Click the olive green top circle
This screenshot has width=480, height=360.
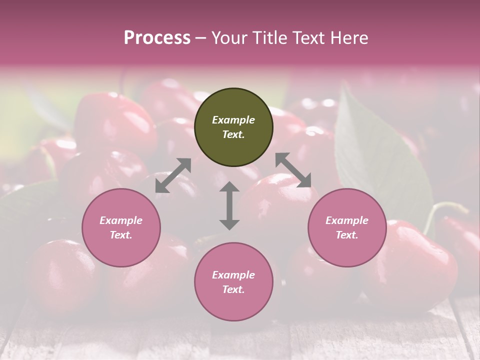click(233, 127)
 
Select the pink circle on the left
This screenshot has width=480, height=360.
click(121, 228)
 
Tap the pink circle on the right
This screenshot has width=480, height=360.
click(347, 228)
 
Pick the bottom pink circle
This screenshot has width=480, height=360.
click(233, 282)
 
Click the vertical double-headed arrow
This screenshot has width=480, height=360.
click(229, 205)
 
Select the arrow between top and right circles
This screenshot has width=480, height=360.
click(293, 170)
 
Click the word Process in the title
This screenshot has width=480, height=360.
click(157, 37)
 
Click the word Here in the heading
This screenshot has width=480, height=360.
click(349, 37)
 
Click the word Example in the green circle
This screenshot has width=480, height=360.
click(233, 120)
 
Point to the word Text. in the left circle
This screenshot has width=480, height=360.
click(121, 235)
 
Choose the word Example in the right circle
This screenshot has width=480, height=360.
click(347, 220)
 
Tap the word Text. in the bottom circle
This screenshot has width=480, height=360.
click(233, 289)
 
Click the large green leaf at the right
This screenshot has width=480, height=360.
click(380, 155)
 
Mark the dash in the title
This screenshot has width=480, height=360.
click(201, 38)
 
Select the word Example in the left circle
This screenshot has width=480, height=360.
click(121, 220)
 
